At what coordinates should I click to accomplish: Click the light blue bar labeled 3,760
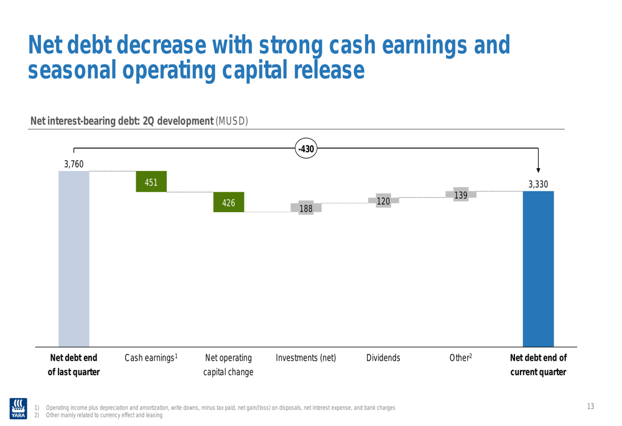[74, 259]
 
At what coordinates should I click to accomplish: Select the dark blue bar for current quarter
[538, 269]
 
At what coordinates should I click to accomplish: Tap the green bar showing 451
[151, 182]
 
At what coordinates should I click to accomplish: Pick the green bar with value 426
[228, 202]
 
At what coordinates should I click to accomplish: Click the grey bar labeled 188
[306, 208]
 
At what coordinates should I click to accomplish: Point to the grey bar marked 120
[383, 201]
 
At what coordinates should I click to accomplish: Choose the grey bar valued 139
[461, 195]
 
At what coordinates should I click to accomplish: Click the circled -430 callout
[306, 149]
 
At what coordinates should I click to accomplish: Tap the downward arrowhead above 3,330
[538, 170]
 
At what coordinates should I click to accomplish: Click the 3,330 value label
[538, 184]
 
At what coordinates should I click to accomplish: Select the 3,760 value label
[74, 164]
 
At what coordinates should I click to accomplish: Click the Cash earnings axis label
[151, 358]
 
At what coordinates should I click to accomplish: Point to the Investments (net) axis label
[306, 358]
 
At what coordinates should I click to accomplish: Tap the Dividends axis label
[383, 358]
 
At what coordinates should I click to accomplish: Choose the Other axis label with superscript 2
[461, 358]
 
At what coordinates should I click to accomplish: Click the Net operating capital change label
[228, 365]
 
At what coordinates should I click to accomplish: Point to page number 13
[590, 407]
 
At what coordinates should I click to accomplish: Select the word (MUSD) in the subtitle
[231, 121]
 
